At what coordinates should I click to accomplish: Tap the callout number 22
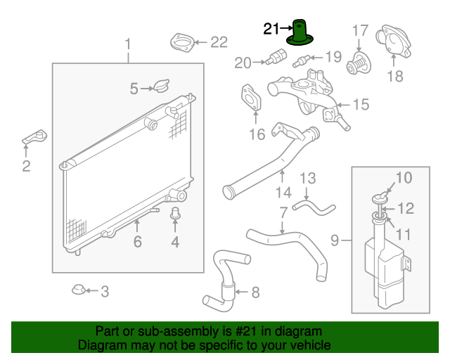[x=219, y=42]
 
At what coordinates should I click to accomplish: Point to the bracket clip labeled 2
[x=35, y=136]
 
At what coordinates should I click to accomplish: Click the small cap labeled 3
[x=79, y=290]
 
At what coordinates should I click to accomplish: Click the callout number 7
[x=283, y=212]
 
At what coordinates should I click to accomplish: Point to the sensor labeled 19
[x=307, y=57]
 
